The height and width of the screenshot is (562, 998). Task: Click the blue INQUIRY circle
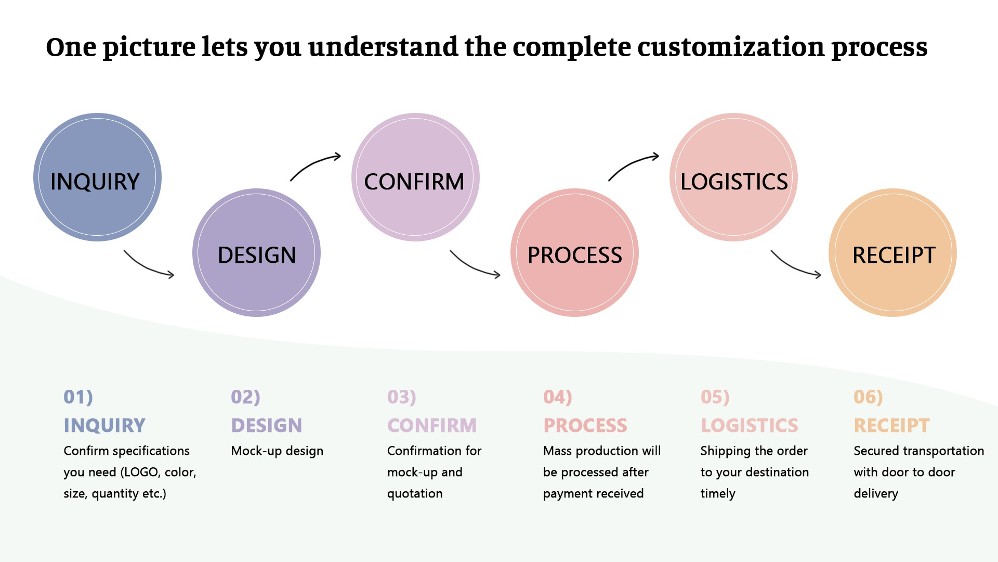pos(97,177)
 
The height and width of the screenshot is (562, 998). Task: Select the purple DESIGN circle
pos(256,253)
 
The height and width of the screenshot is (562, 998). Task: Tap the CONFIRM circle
pos(415,177)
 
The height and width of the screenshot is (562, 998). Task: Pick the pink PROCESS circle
pos(574,253)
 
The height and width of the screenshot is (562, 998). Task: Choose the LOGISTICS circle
pos(733,177)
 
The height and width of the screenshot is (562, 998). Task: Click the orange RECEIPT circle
pos(892,253)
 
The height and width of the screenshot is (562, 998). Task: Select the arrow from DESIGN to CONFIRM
pos(314,165)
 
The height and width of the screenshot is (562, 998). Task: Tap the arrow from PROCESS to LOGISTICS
pos(632,165)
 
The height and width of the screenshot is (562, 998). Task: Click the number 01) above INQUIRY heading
pos(78,397)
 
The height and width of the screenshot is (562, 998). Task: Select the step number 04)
pos(557,397)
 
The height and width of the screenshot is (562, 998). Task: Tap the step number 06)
pos(868,397)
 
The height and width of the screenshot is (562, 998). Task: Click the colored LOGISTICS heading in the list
pos(749,426)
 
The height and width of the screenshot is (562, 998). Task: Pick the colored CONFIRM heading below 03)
pos(431,426)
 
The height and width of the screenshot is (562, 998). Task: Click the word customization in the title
pos(730,48)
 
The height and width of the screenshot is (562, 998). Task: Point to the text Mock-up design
pos(277,451)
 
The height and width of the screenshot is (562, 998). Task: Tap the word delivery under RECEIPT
pos(875,493)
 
